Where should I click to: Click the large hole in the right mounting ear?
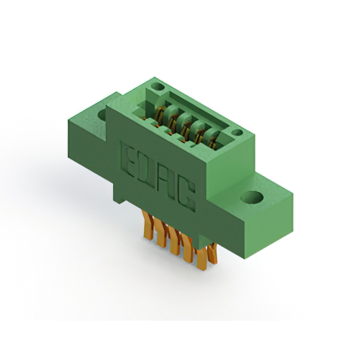251,198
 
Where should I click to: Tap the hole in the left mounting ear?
102,115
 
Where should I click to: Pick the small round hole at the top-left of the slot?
157,88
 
